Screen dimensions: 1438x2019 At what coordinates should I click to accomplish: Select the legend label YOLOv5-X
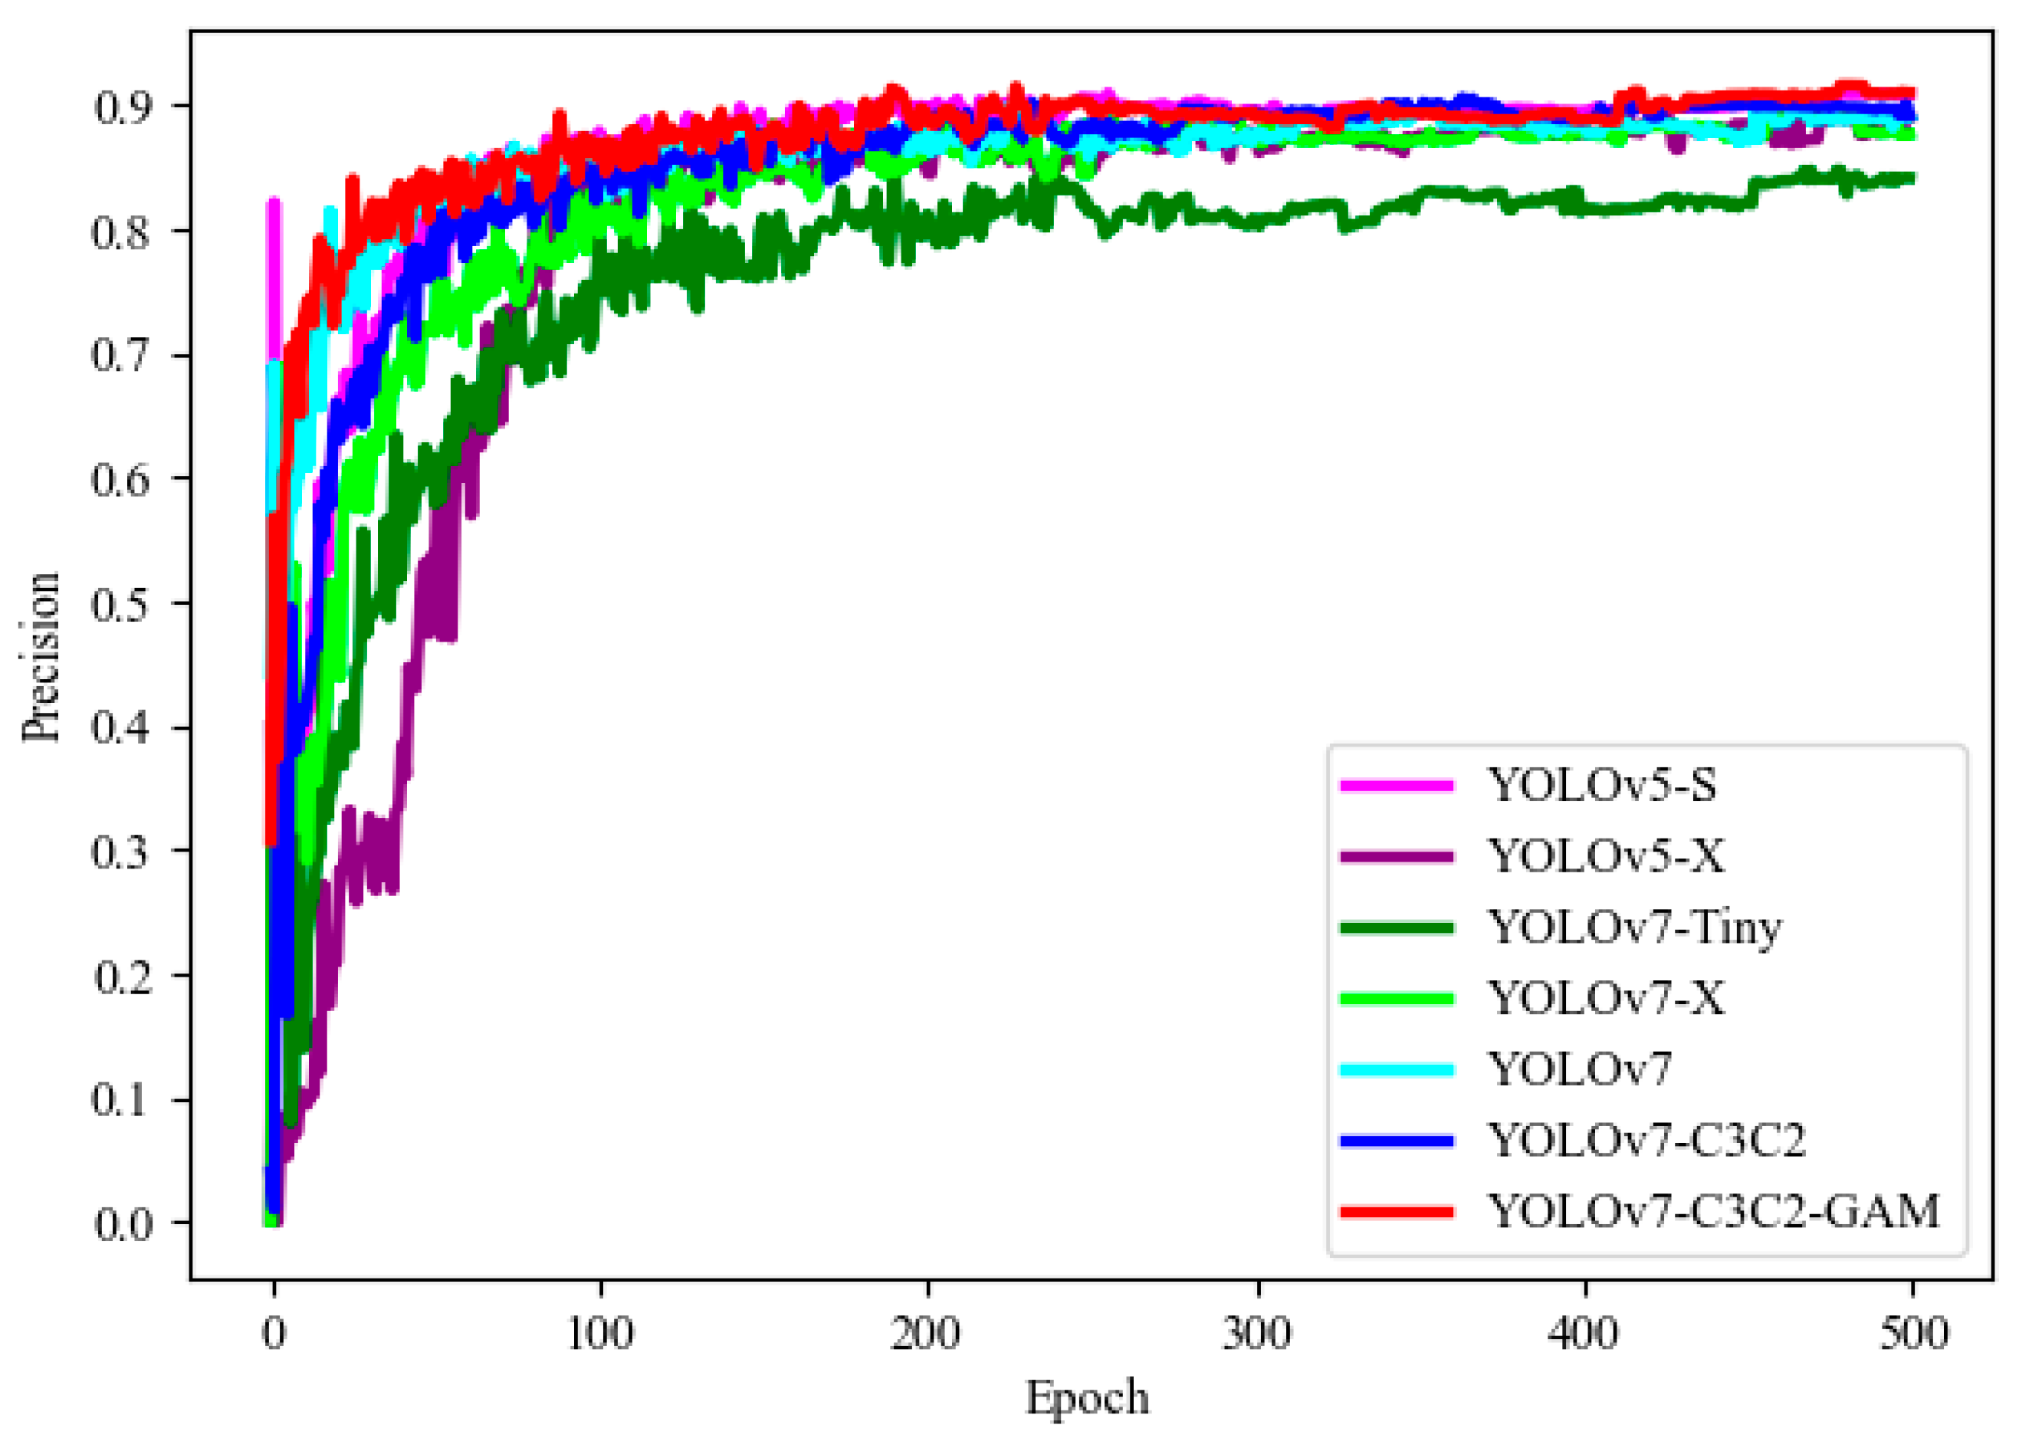tap(1605, 856)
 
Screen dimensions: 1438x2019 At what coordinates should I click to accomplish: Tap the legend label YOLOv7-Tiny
tap(1633, 927)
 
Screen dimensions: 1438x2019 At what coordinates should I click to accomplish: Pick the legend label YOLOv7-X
tap(1605, 999)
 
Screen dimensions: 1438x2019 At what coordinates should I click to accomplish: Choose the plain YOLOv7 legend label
tap(1579, 1069)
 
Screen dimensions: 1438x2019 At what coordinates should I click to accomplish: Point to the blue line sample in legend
tap(1397, 1141)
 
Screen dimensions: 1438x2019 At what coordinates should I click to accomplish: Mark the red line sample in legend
tap(1397, 1212)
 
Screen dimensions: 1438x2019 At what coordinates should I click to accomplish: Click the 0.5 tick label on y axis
tap(121, 605)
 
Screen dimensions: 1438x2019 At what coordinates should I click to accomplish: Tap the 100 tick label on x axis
tap(600, 1334)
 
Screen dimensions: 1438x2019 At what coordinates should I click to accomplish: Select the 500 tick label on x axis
tap(1912, 1334)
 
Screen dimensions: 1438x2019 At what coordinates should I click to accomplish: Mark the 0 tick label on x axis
tap(274, 1334)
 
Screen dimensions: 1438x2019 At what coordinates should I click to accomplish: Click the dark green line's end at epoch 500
tap(1911, 179)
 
